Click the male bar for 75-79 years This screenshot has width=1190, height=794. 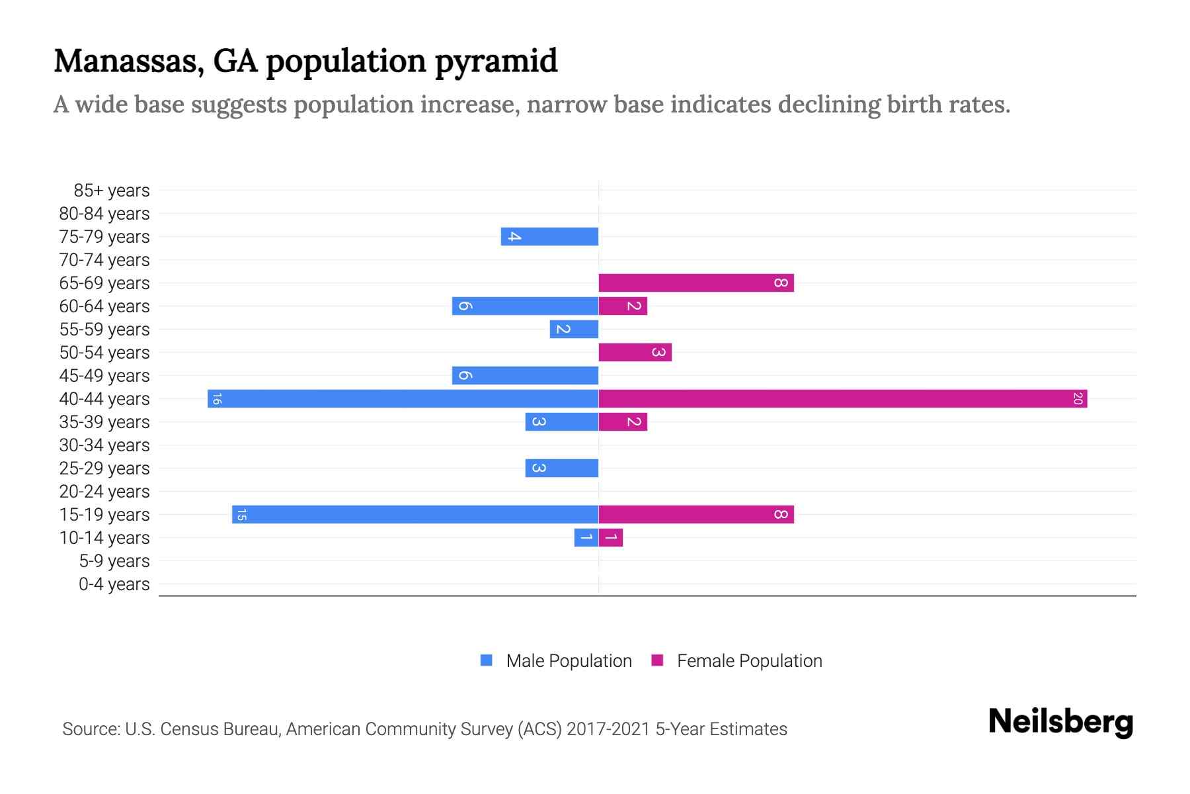(x=549, y=236)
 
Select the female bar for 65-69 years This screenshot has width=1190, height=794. (x=695, y=283)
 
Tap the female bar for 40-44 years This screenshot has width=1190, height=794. (x=842, y=398)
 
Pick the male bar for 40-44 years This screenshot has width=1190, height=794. (x=403, y=398)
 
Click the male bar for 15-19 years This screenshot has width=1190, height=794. (x=415, y=514)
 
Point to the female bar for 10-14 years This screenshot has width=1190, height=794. (x=610, y=537)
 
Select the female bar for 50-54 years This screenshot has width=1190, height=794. (x=635, y=352)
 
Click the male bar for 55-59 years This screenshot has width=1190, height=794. (x=574, y=329)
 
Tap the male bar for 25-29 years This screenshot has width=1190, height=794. (x=561, y=468)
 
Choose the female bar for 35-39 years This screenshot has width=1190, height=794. (x=623, y=421)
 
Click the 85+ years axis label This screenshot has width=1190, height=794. (x=111, y=191)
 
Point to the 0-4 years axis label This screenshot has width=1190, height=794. (x=114, y=584)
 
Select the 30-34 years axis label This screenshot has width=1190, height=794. (x=104, y=445)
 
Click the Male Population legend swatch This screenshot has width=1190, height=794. (x=487, y=660)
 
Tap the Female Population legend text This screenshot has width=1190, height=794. (x=749, y=660)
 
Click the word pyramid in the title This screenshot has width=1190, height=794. (x=496, y=61)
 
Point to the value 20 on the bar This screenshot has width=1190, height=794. (x=1078, y=398)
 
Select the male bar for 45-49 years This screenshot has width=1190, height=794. (x=525, y=375)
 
